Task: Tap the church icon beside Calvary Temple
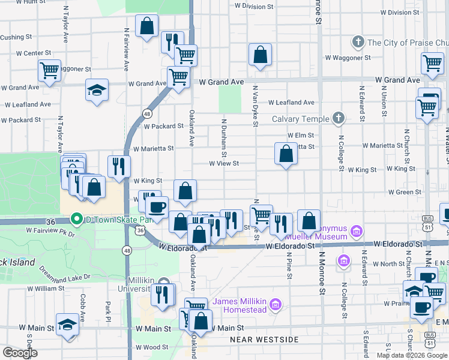pos(339,118)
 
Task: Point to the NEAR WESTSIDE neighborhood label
pos(264,340)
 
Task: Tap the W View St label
pos(224,163)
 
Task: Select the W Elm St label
pos(301,136)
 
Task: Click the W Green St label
pos(404,192)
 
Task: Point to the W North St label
pos(388,263)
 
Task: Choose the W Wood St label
pos(151,347)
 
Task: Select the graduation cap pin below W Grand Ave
pos(97,90)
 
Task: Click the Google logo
pos(20,353)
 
